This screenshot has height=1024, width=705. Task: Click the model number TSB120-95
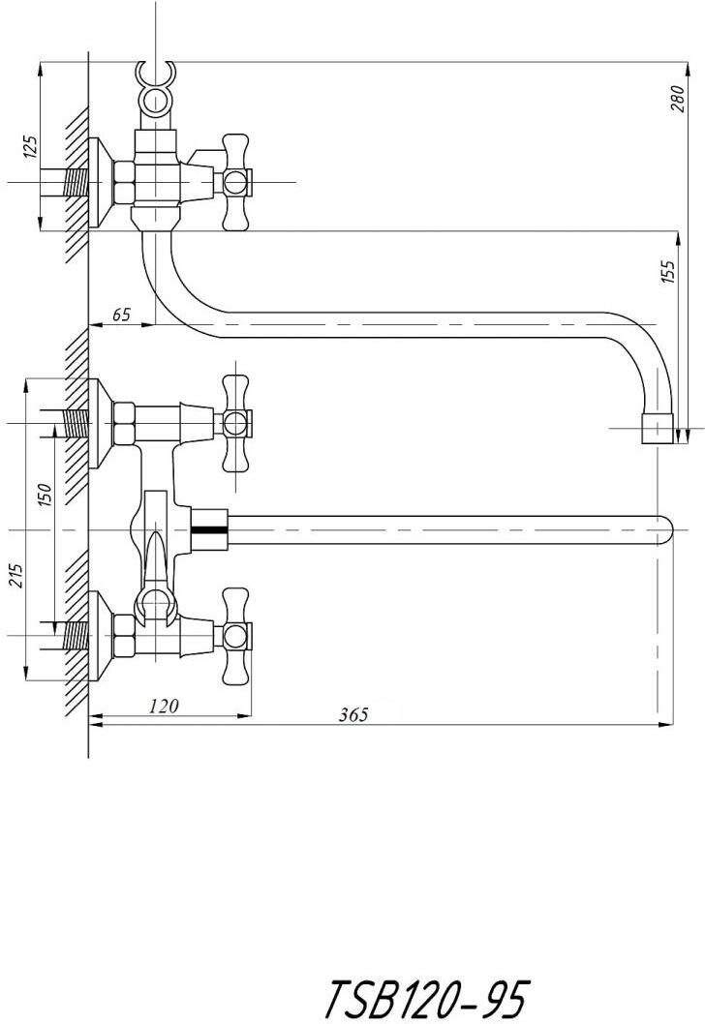(424, 995)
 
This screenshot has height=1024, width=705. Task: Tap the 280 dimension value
(678, 99)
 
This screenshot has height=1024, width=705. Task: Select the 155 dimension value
(668, 272)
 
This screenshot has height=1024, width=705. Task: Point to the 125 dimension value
(30, 147)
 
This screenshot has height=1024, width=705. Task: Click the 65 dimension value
(121, 315)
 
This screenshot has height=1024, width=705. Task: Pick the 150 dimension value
(45, 496)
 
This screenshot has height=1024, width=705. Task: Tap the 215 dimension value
(17, 575)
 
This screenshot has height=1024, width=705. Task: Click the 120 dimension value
(164, 706)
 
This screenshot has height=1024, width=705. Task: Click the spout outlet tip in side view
(658, 428)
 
